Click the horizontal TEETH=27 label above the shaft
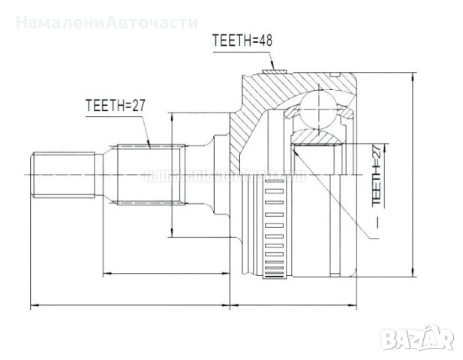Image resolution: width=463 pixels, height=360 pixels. [x=114, y=106]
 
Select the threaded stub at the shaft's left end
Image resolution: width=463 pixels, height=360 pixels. [x=63, y=175]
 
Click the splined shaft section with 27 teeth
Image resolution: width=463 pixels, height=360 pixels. [x=147, y=174]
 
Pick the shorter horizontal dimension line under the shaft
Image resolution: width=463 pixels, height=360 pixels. [x=165, y=274]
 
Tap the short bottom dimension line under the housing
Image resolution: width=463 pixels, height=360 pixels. [x=296, y=305]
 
